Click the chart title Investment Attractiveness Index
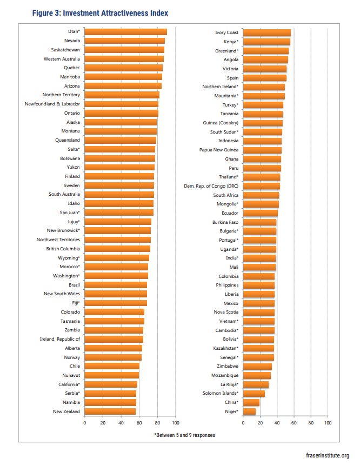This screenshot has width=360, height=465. click(100, 13)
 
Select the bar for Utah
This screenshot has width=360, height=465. click(126, 32)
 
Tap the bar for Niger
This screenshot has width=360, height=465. click(249, 411)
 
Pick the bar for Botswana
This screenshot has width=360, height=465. click(120, 158)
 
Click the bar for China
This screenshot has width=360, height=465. click(251, 402)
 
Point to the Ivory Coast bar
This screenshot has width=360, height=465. click(267, 32)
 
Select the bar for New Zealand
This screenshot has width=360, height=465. click(110, 411)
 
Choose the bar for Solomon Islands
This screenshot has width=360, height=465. click(254, 394)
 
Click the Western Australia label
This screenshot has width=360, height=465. click(62, 59)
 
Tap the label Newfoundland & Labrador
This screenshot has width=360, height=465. click(52, 104)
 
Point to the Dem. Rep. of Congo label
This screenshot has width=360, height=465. click(211, 186)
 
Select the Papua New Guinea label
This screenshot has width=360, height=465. click(219, 150)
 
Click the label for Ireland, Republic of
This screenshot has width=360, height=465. click(60, 339)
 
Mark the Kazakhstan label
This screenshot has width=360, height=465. click(225, 348)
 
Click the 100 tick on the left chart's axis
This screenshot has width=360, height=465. click(176, 423)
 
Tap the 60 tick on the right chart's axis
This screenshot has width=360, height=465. click(294, 423)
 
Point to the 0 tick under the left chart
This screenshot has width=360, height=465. click(84, 423)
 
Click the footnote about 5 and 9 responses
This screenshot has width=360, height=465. click(184, 435)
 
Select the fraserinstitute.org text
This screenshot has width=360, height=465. click(328, 455)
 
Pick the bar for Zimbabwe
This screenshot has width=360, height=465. click(257, 367)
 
